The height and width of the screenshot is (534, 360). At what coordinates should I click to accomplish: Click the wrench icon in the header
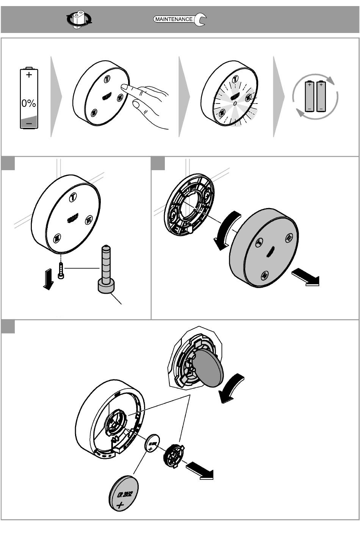(200, 20)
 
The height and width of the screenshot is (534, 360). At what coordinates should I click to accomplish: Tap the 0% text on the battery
(29, 103)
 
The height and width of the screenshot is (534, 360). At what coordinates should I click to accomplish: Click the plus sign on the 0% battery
(29, 75)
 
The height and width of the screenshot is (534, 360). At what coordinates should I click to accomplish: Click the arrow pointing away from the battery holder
(200, 470)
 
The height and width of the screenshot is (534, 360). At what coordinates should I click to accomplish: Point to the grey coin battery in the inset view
(208, 367)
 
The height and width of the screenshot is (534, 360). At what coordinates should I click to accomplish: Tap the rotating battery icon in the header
(79, 19)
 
